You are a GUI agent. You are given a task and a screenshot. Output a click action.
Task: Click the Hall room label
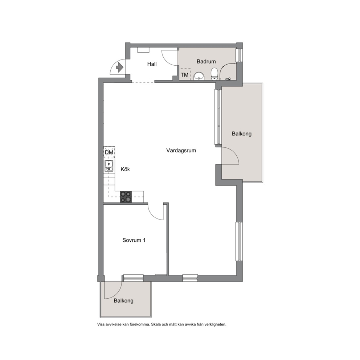point(152,64)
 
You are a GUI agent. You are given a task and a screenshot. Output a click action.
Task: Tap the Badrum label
point(206,61)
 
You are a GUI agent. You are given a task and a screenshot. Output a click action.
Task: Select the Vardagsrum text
point(181,151)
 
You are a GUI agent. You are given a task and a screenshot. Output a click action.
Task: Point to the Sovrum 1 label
point(134,240)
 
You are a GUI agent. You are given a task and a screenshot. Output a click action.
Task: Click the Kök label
point(125,169)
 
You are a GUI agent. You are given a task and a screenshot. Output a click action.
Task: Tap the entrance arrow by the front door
point(120,67)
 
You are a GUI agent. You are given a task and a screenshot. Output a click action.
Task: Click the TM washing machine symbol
point(185,74)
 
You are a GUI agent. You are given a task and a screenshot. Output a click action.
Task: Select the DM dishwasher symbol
point(109,152)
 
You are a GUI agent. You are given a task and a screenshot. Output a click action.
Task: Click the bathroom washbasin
point(199,76)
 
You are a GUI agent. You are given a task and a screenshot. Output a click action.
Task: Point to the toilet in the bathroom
point(214,74)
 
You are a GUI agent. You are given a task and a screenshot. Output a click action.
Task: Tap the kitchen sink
point(109,166)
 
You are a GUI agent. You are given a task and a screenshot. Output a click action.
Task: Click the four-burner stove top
point(126,197)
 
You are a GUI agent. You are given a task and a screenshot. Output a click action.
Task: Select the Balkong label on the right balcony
point(242,134)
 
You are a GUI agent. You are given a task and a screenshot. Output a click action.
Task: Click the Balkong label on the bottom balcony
point(123,300)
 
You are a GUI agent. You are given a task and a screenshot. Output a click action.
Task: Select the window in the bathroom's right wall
point(239,55)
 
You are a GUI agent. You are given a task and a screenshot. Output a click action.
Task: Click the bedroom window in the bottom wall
point(134,278)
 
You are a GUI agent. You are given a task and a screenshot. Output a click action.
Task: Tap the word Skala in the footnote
point(156,324)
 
